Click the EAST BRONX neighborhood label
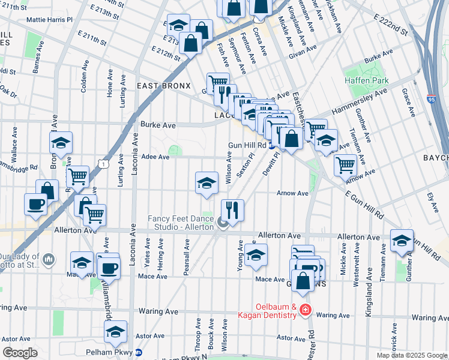[x=163, y=86]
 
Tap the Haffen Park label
[x=366, y=80]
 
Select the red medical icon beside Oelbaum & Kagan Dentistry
[x=306, y=310]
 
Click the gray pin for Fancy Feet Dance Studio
[x=223, y=224]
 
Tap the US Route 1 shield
[x=104, y=163]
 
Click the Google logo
[x=20, y=352]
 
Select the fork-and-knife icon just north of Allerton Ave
[x=232, y=209]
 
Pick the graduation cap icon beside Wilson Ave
[x=206, y=182]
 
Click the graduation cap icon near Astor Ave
[x=116, y=331]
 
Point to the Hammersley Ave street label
[x=360, y=101]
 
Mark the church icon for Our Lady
[x=49, y=259]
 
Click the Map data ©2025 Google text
[x=411, y=355]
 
